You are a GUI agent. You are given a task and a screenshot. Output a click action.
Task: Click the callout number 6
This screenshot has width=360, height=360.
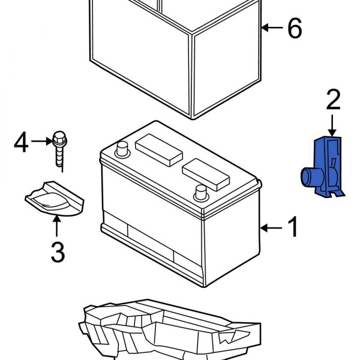[295, 28]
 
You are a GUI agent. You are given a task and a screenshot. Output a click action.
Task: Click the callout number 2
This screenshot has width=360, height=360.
[334, 100]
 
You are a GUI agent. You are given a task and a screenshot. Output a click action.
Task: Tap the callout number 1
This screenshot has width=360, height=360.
[293, 228]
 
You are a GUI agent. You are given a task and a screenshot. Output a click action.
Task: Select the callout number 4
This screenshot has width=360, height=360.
[21, 142]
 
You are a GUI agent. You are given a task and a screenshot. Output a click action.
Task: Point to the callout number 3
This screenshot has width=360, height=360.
[57, 252]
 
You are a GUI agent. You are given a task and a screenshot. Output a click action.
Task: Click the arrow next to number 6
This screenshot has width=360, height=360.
[272, 28]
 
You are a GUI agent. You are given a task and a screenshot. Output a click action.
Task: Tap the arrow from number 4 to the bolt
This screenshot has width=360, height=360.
[41, 142]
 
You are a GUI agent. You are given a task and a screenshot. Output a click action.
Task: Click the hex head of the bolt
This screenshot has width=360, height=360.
[59, 139]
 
